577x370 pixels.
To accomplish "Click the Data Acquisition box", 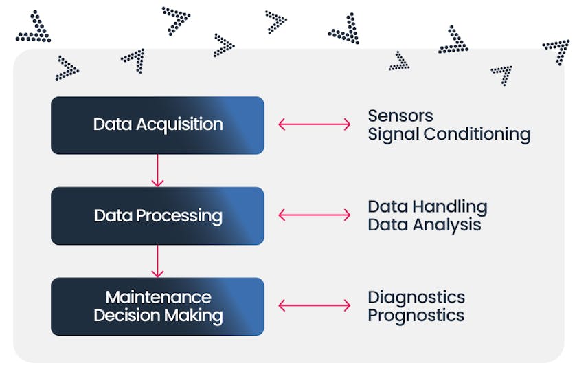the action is pyautogui.click(x=157, y=125).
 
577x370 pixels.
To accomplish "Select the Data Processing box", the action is pyautogui.click(x=157, y=216).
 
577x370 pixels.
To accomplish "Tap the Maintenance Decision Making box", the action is pyautogui.click(x=157, y=306).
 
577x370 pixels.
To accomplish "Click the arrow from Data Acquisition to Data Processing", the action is pyautogui.click(x=157, y=171).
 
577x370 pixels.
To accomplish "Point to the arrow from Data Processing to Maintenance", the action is pyautogui.click(x=157, y=261).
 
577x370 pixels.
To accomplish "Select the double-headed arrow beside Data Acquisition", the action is pyautogui.click(x=315, y=124).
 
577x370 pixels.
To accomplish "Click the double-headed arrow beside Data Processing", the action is pyautogui.click(x=315, y=215).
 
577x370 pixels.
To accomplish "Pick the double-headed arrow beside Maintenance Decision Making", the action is pyautogui.click(x=315, y=305).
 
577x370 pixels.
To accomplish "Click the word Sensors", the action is pyautogui.click(x=400, y=116).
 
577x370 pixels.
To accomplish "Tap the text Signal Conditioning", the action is pyautogui.click(x=449, y=135).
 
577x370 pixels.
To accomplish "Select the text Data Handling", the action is pyautogui.click(x=427, y=207).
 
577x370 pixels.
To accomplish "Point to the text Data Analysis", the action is pyautogui.click(x=425, y=225).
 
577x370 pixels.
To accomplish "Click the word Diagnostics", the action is pyautogui.click(x=416, y=297).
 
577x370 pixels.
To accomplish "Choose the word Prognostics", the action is pyautogui.click(x=416, y=316).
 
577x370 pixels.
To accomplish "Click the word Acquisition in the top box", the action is pyautogui.click(x=179, y=125).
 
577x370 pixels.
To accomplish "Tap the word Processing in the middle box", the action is pyautogui.click(x=179, y=217).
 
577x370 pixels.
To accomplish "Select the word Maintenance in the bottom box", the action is pyautogui.click(x=159, y=297).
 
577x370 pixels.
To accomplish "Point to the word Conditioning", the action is pyautogui.click(x=477, y=135).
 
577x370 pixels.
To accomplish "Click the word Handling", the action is pyautogui.click(x=450, y=207).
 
